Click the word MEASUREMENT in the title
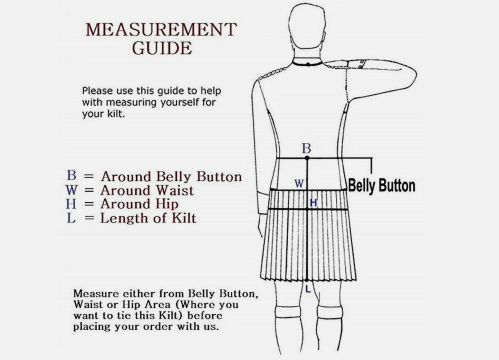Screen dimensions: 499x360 162,29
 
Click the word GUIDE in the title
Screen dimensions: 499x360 162,48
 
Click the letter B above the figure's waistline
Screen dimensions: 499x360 306,148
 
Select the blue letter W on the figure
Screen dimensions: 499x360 299,184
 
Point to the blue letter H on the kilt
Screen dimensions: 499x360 314,203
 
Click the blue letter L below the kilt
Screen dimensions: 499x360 308,289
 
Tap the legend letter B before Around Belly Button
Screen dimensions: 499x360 71,175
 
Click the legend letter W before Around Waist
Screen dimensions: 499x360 71,190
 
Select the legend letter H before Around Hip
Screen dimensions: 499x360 71,204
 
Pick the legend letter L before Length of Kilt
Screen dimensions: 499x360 71,218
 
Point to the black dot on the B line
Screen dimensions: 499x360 307,158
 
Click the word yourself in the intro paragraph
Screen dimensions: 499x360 181,103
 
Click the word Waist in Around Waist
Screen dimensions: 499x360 175,191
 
